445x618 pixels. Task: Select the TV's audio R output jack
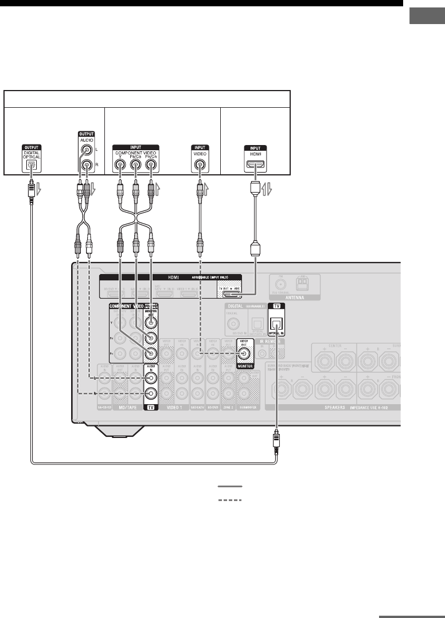(x=85, y=166)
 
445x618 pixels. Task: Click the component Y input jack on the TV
(x=120, y=166)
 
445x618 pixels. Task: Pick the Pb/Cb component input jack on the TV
(x=135, y=166)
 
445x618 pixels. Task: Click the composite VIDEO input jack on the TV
(x=199, y=166)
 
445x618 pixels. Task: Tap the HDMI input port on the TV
(x=253, y=166)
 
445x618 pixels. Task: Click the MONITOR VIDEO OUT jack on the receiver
(x=245, y=355)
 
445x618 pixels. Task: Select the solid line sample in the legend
(x=230, y=486)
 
